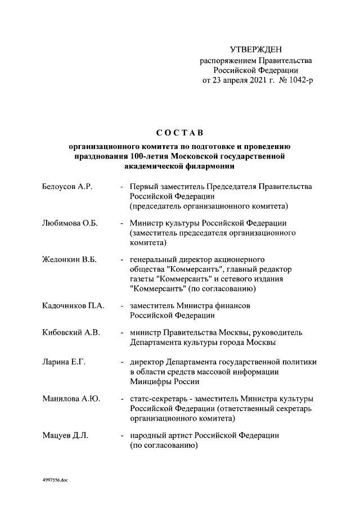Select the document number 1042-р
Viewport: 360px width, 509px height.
coord(298,80)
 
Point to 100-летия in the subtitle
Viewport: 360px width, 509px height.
coord(150,156)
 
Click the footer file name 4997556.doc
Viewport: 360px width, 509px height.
coord(55,481)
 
